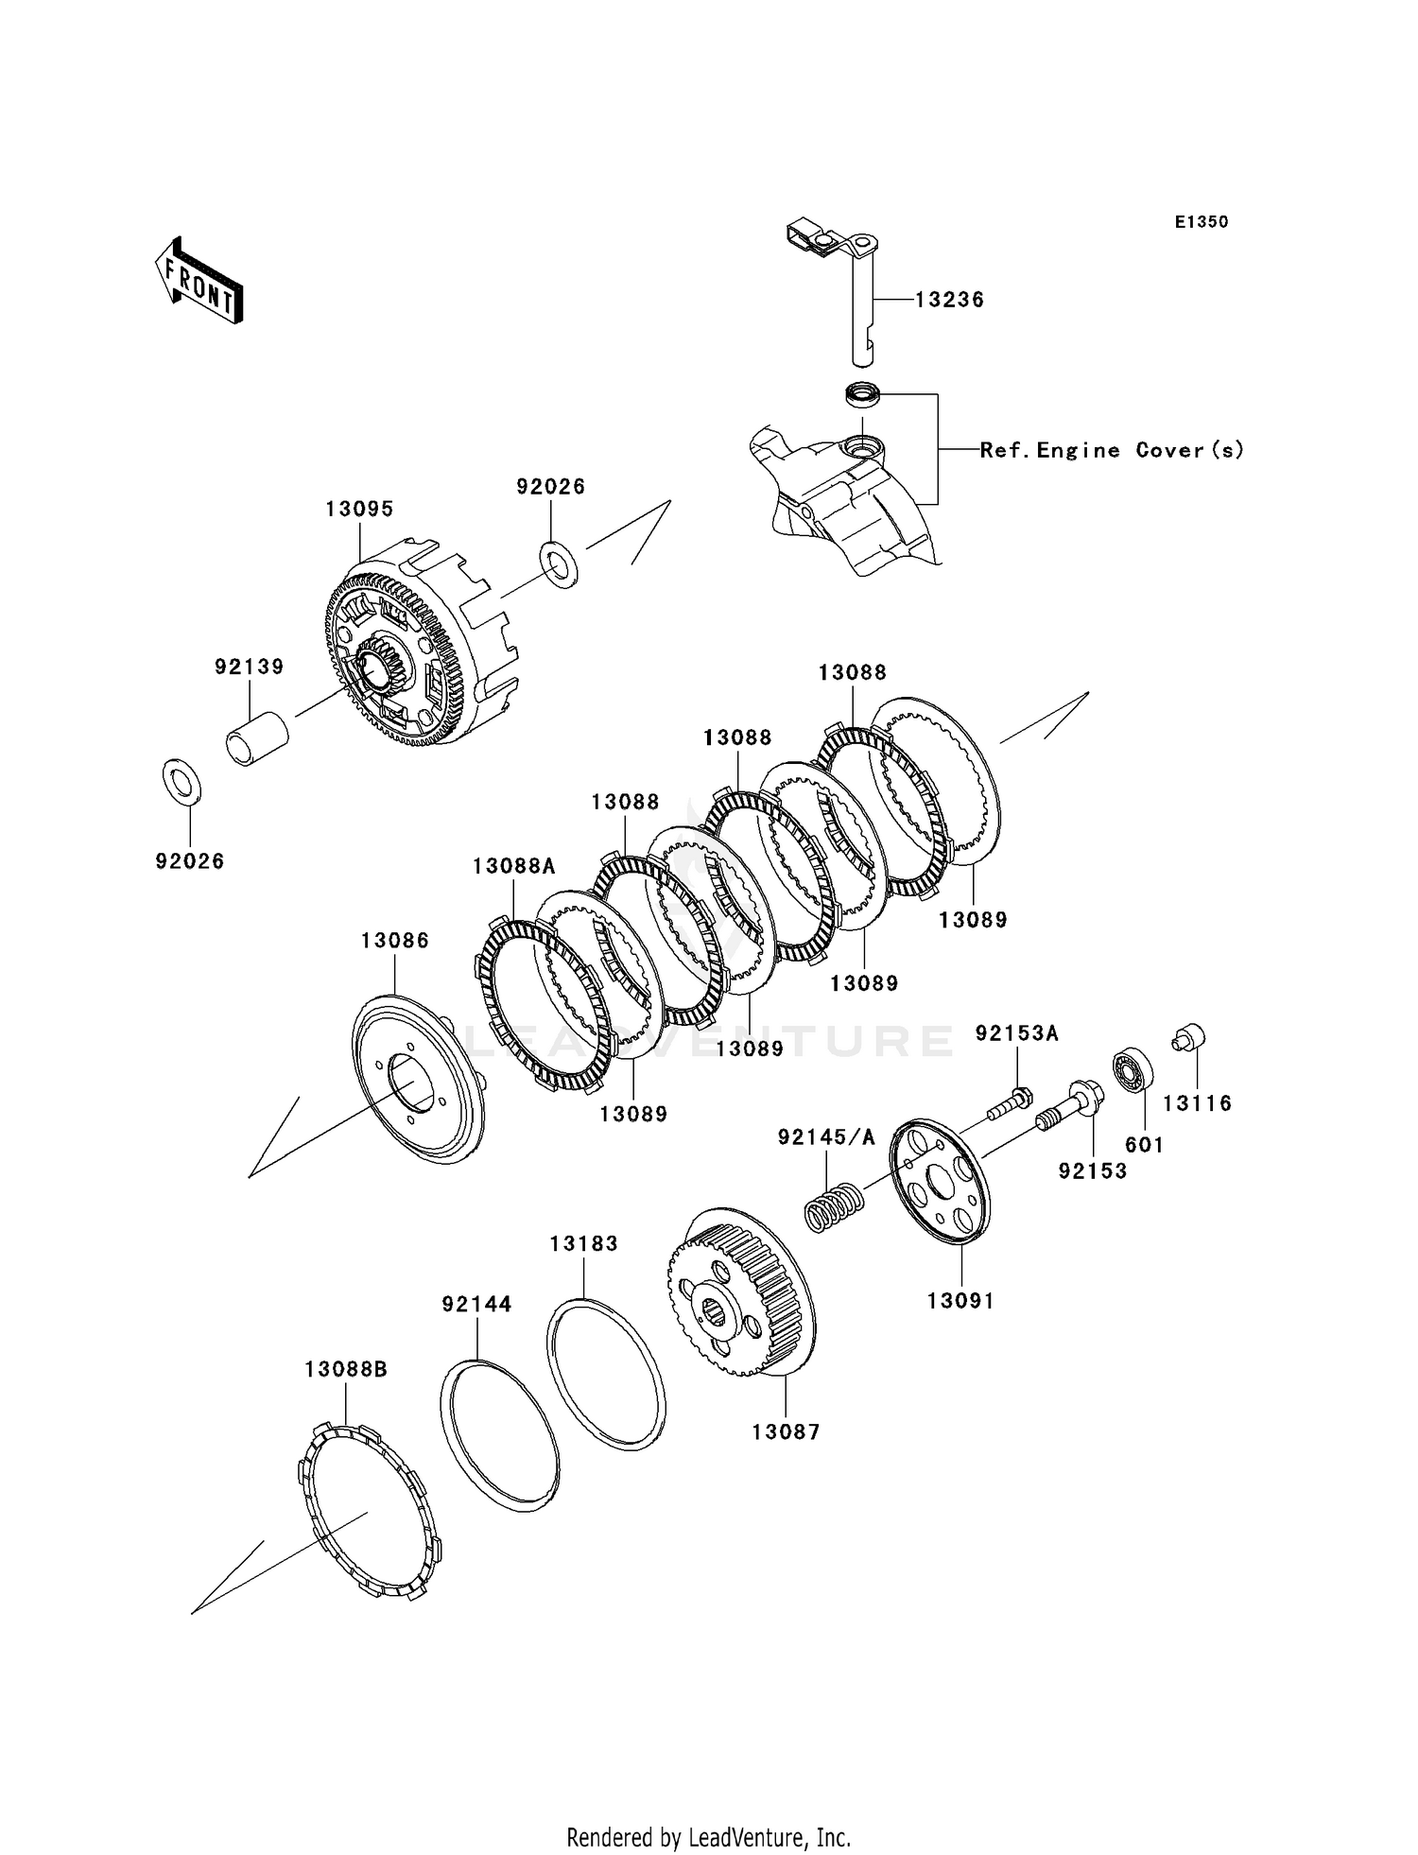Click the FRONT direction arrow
[x=199, y=281]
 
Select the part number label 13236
[x=949, y=300]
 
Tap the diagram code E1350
[x=1202, y=222]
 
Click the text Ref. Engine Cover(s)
[x=1112, y=451]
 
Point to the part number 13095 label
[x=359, y=509]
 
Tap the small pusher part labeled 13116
[x=1189, y=1037]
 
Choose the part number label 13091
[x=960, y=1301]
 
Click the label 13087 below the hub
[x=786, y=1432]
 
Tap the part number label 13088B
[x=346, y=1369]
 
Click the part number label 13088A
[x=514, y=865]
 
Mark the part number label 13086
[x=394, y=941]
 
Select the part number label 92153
[x=1093, y=1170]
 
